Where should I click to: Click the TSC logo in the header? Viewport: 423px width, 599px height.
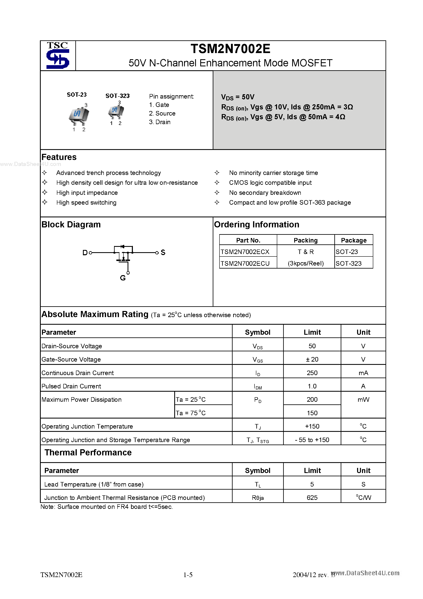tap(58, 56)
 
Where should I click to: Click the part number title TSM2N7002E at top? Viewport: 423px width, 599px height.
tap(230, 49)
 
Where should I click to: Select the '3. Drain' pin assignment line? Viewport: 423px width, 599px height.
tap(160, 122)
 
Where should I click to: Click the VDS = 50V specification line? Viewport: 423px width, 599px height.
tap(238, 97)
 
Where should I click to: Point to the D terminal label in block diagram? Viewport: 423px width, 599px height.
tap(85, 253)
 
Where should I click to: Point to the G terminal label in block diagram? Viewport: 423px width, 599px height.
tap(123, 278)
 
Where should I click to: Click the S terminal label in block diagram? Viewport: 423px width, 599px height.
tap(163, 252)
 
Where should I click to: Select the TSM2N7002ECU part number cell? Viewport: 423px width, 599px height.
tap(245, 263)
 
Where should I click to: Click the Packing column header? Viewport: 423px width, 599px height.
tap(305, 240)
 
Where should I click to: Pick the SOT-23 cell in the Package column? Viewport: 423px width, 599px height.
tap(347, 252)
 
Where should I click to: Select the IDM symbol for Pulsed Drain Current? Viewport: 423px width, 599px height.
tap(257, 386)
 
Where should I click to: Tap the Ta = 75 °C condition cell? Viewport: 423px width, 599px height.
tap(191, 413)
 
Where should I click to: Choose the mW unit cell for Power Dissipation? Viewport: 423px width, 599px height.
tap(363, 400)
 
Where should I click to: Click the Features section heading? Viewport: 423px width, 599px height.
tap(59, 157)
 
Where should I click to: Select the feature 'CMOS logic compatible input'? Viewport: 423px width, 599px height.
tap(270, 183)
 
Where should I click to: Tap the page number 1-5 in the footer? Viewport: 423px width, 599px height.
tap(188, 575)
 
